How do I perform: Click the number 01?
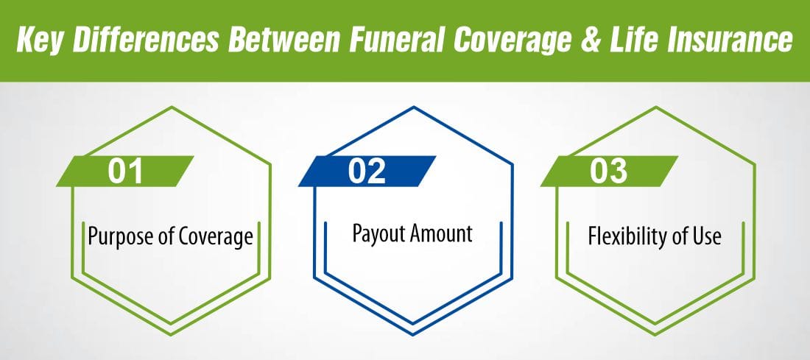pyautogui.click(x=126, y=171)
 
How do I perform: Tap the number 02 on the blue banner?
pyautogui.click(x=367, y=171)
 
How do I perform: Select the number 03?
pyautogui.click(x=608, y=171)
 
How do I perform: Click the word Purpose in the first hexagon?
pyautogui.click(x=117, y=238)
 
